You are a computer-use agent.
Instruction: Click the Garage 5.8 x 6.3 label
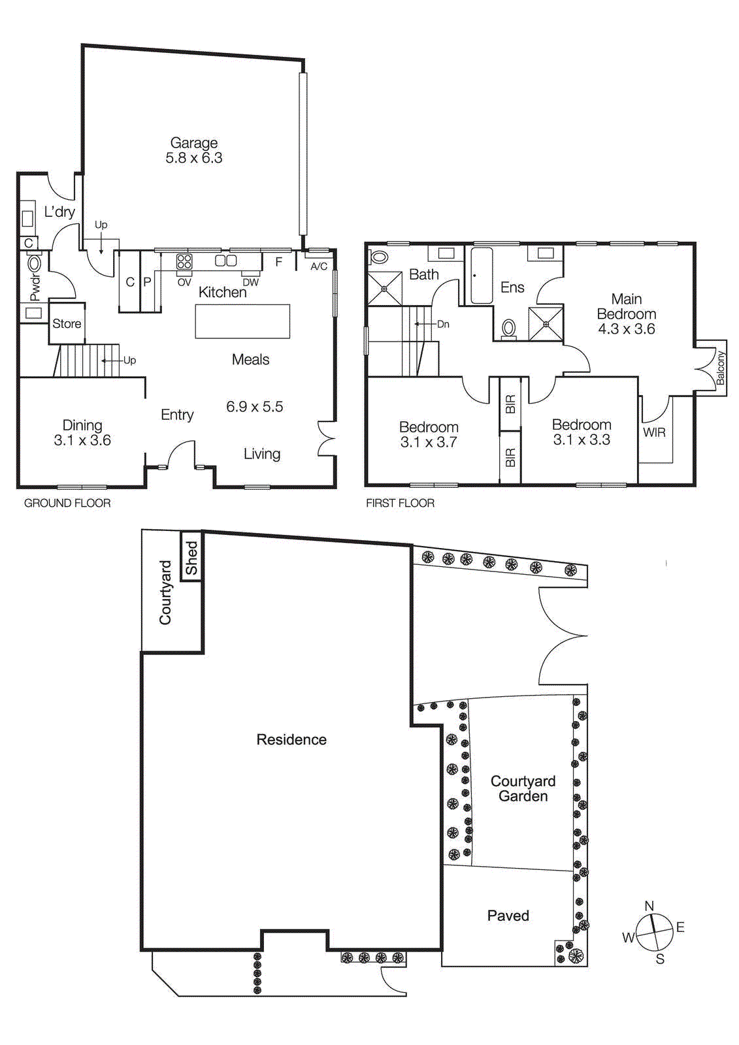(x=193, y=150)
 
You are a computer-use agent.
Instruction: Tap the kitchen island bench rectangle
(x=242, y=321)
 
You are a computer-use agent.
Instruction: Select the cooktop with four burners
(x=184, y=262)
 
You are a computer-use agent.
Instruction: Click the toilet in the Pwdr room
(x=34, y=264)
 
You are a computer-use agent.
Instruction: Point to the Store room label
(x=67, y=323)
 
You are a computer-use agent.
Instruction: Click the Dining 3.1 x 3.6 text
(x=82, y=433)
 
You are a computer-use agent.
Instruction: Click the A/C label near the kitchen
(x=319, y=266)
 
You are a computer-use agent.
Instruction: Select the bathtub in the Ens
(x=482, y=276)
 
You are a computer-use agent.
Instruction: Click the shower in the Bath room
(x=385, y=288)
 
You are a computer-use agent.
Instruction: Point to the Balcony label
(x=720, y=368)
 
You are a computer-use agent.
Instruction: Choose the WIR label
(x=654, y=432)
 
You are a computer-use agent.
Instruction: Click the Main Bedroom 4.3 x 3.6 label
(x=626, y=314)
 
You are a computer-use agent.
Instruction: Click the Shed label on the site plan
(x=191, y=558)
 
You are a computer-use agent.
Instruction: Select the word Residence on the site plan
(x=291, y=739)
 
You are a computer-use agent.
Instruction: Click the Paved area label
(x=508, y=916)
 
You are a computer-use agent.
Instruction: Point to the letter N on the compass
(x=649, y=906)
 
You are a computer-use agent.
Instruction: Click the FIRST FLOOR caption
(x=400, y=503)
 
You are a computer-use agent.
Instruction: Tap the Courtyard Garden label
(x=523, y=788)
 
